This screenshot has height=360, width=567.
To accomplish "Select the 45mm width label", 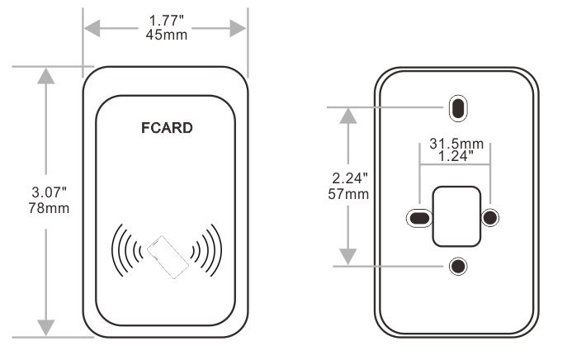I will pos(165,34).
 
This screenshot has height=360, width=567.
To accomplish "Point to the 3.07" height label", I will pos(46,192).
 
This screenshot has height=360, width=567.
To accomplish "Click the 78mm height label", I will pos(46,206).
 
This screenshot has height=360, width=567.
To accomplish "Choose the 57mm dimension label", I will pos(350,193).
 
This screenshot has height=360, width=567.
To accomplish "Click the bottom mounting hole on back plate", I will pos(456,266).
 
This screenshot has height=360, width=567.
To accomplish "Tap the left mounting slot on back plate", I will pos(421,218).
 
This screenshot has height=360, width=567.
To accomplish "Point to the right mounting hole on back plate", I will pos(490,218).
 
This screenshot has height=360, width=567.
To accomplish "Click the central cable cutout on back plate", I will pos(456,216).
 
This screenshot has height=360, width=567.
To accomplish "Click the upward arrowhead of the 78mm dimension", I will pos(46,75).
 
